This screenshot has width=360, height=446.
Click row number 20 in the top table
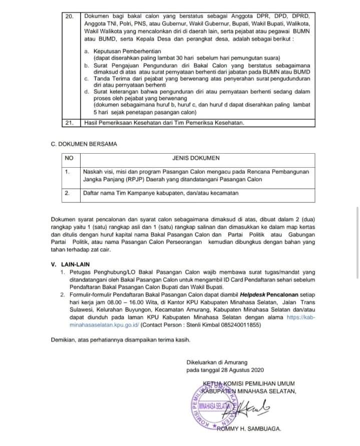coord(70,17)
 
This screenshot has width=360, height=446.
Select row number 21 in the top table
coord(70,122)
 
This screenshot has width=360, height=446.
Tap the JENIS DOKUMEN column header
coord(196,158)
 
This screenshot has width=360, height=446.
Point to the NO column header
coord(69,158)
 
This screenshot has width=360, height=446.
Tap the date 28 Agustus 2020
coord(241,370)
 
